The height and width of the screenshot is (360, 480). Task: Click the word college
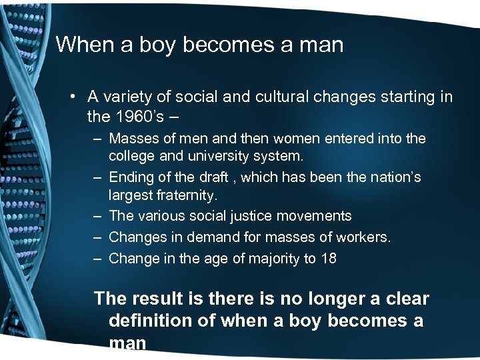pos(132,158)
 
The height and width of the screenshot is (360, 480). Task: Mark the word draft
pos(209,178)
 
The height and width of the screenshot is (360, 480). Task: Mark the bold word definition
pos(153,321)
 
